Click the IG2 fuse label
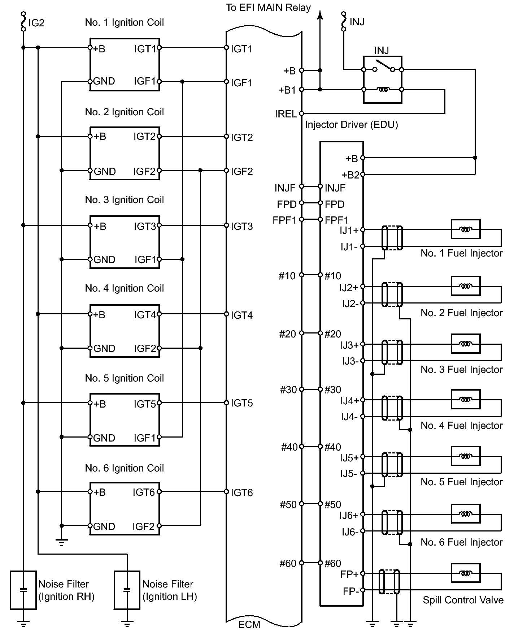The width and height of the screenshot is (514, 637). point(36,23)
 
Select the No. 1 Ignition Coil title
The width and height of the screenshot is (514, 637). point(124,22)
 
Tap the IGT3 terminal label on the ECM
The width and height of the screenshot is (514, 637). point(241,227)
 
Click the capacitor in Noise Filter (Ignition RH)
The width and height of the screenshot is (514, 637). point(23,590)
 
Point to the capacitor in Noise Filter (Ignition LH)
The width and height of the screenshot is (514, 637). point(127,590)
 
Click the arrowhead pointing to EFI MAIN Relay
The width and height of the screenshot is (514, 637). point(319,14)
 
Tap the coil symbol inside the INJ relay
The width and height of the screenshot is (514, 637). point(383,90)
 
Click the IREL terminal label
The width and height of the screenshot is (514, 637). point(286,114)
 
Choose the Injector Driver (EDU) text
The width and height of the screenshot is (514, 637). point(351,125)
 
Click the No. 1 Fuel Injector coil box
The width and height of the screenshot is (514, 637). point(466,229)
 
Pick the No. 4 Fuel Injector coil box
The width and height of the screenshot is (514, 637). point(466,399)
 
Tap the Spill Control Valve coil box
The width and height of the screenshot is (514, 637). point(466,573)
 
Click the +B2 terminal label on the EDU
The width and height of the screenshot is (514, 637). point(350,175)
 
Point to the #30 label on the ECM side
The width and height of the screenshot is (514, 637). point(288,390)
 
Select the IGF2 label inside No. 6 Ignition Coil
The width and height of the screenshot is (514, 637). point(143,526)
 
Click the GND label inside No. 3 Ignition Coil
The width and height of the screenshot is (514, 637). point(104,259)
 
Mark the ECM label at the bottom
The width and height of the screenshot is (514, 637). point(249,624)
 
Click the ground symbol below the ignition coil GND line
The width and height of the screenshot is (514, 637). point(62,542)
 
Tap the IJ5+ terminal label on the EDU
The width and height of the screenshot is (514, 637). point(349,458)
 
